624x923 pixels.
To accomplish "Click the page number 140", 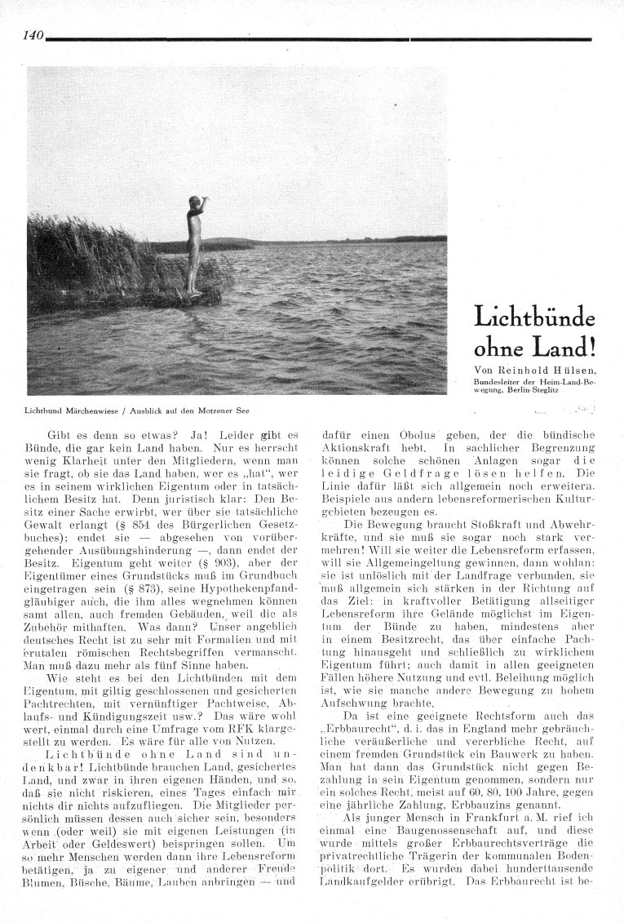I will (33, 34).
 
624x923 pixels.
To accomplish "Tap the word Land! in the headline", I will (567, 347).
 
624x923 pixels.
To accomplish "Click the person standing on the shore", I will (193, 245).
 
